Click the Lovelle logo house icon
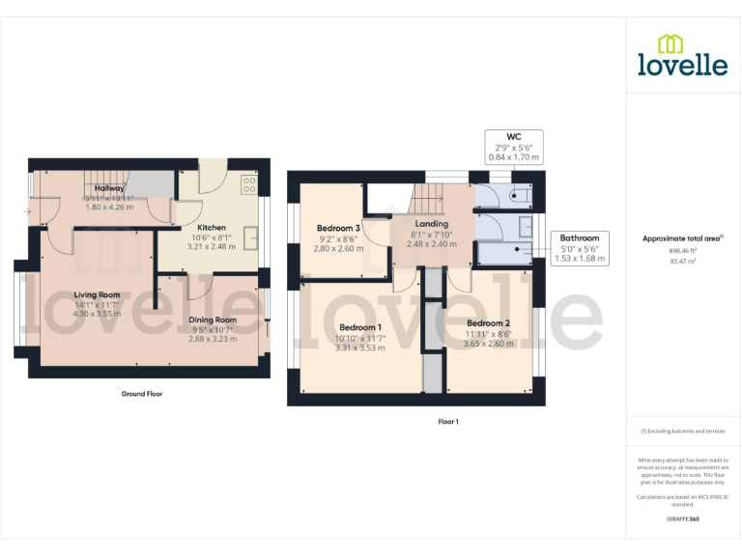click(670, 42)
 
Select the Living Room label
click(97, 294)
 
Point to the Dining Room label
click(213, 320)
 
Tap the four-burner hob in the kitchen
click(248, 183)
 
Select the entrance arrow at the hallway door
click(26, 210)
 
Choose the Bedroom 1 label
click(359, 327)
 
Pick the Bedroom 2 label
click(488, 323)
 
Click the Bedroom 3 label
click(338, 228)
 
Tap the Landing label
click(432, 224)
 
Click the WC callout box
click(513, 146)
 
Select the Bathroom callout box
click(580, 248)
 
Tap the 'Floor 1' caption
click(448, 421)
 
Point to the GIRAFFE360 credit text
click(682, 519)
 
